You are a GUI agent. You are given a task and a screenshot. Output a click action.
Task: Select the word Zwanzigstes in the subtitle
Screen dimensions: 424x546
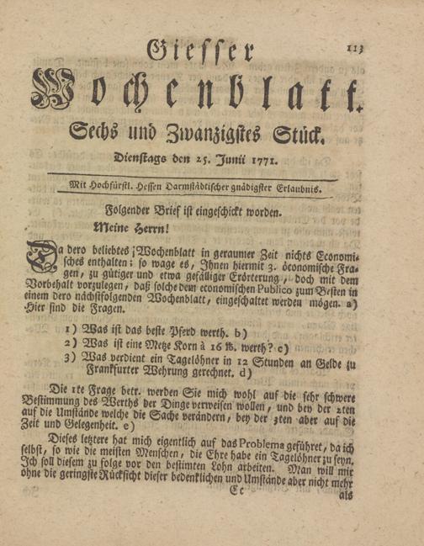click(x=215, y=135)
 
